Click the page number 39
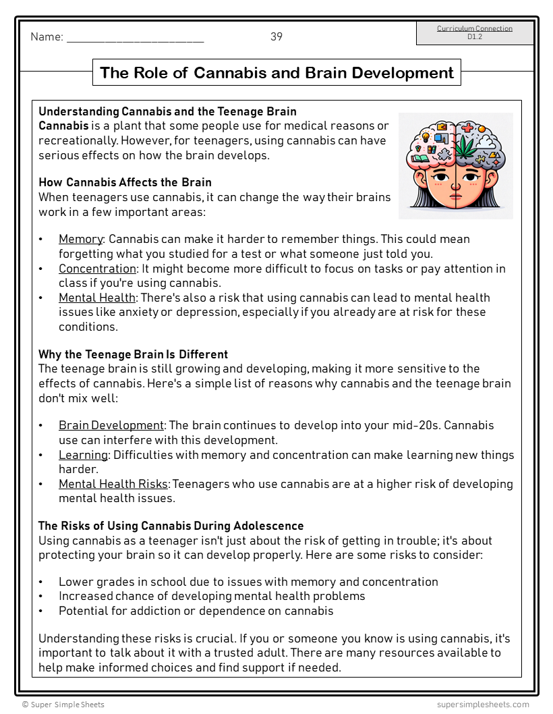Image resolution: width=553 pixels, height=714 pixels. click(x=276, y=37)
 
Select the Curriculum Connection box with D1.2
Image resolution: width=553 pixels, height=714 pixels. click(x=475, y=32)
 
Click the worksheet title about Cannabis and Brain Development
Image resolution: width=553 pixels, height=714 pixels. click(x=276, y=73)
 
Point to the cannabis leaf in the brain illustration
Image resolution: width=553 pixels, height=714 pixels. click(x=466, y=146)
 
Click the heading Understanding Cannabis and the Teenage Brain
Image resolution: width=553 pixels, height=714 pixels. click(x=167, y=111)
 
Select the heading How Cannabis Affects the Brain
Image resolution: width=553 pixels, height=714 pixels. click(x=125, y=182)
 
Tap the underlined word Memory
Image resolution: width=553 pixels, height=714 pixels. click(x=80, y=239)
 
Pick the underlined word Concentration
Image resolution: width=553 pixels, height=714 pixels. click(x=97, y=269)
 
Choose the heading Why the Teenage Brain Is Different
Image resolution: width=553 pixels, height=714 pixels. click(x=133, y=354)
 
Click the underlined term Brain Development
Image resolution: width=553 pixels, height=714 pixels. click(x=111, y=425)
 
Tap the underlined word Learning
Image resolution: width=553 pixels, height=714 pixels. click(x=83, y=455)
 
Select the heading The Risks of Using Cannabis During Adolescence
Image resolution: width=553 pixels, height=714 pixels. click(x=171, y=526)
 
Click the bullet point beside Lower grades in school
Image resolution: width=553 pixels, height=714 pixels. click(x=41, y=582)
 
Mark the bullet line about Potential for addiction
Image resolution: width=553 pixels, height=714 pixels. click(x=196, y=611)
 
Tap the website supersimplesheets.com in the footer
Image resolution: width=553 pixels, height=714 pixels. click(x=483, y=705)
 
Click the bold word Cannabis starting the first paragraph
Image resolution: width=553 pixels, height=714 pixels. click(x=63, y=126)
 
